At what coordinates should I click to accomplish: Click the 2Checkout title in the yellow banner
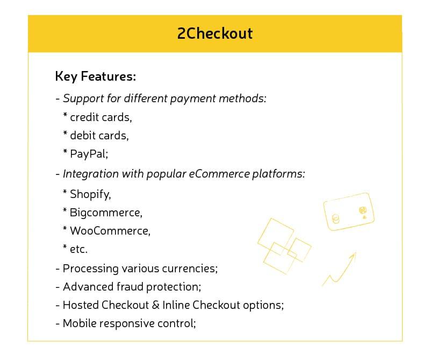[x=214, y=33]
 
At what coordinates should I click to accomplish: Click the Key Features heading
[x=95, y=76]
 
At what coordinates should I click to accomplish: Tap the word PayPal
[x=89, y=154]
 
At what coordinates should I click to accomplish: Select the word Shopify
[x=90, y=194]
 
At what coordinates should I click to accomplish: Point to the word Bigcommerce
[x=106, y=213]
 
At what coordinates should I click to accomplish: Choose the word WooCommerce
[x=110, y=231]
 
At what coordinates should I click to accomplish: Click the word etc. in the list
[x=78, y=249]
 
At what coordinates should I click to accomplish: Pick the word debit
[x=83, y=135]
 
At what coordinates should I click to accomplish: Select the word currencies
[x=187, y=268]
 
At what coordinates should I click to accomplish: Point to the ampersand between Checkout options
[x=156, y=305]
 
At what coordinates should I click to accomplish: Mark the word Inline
[x=176, y=305]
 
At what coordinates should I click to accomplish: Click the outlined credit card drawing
[x=348, y=211]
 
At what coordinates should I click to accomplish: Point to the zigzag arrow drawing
[x=340, y=269]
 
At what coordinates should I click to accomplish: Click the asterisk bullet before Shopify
[x=64, y=192]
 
